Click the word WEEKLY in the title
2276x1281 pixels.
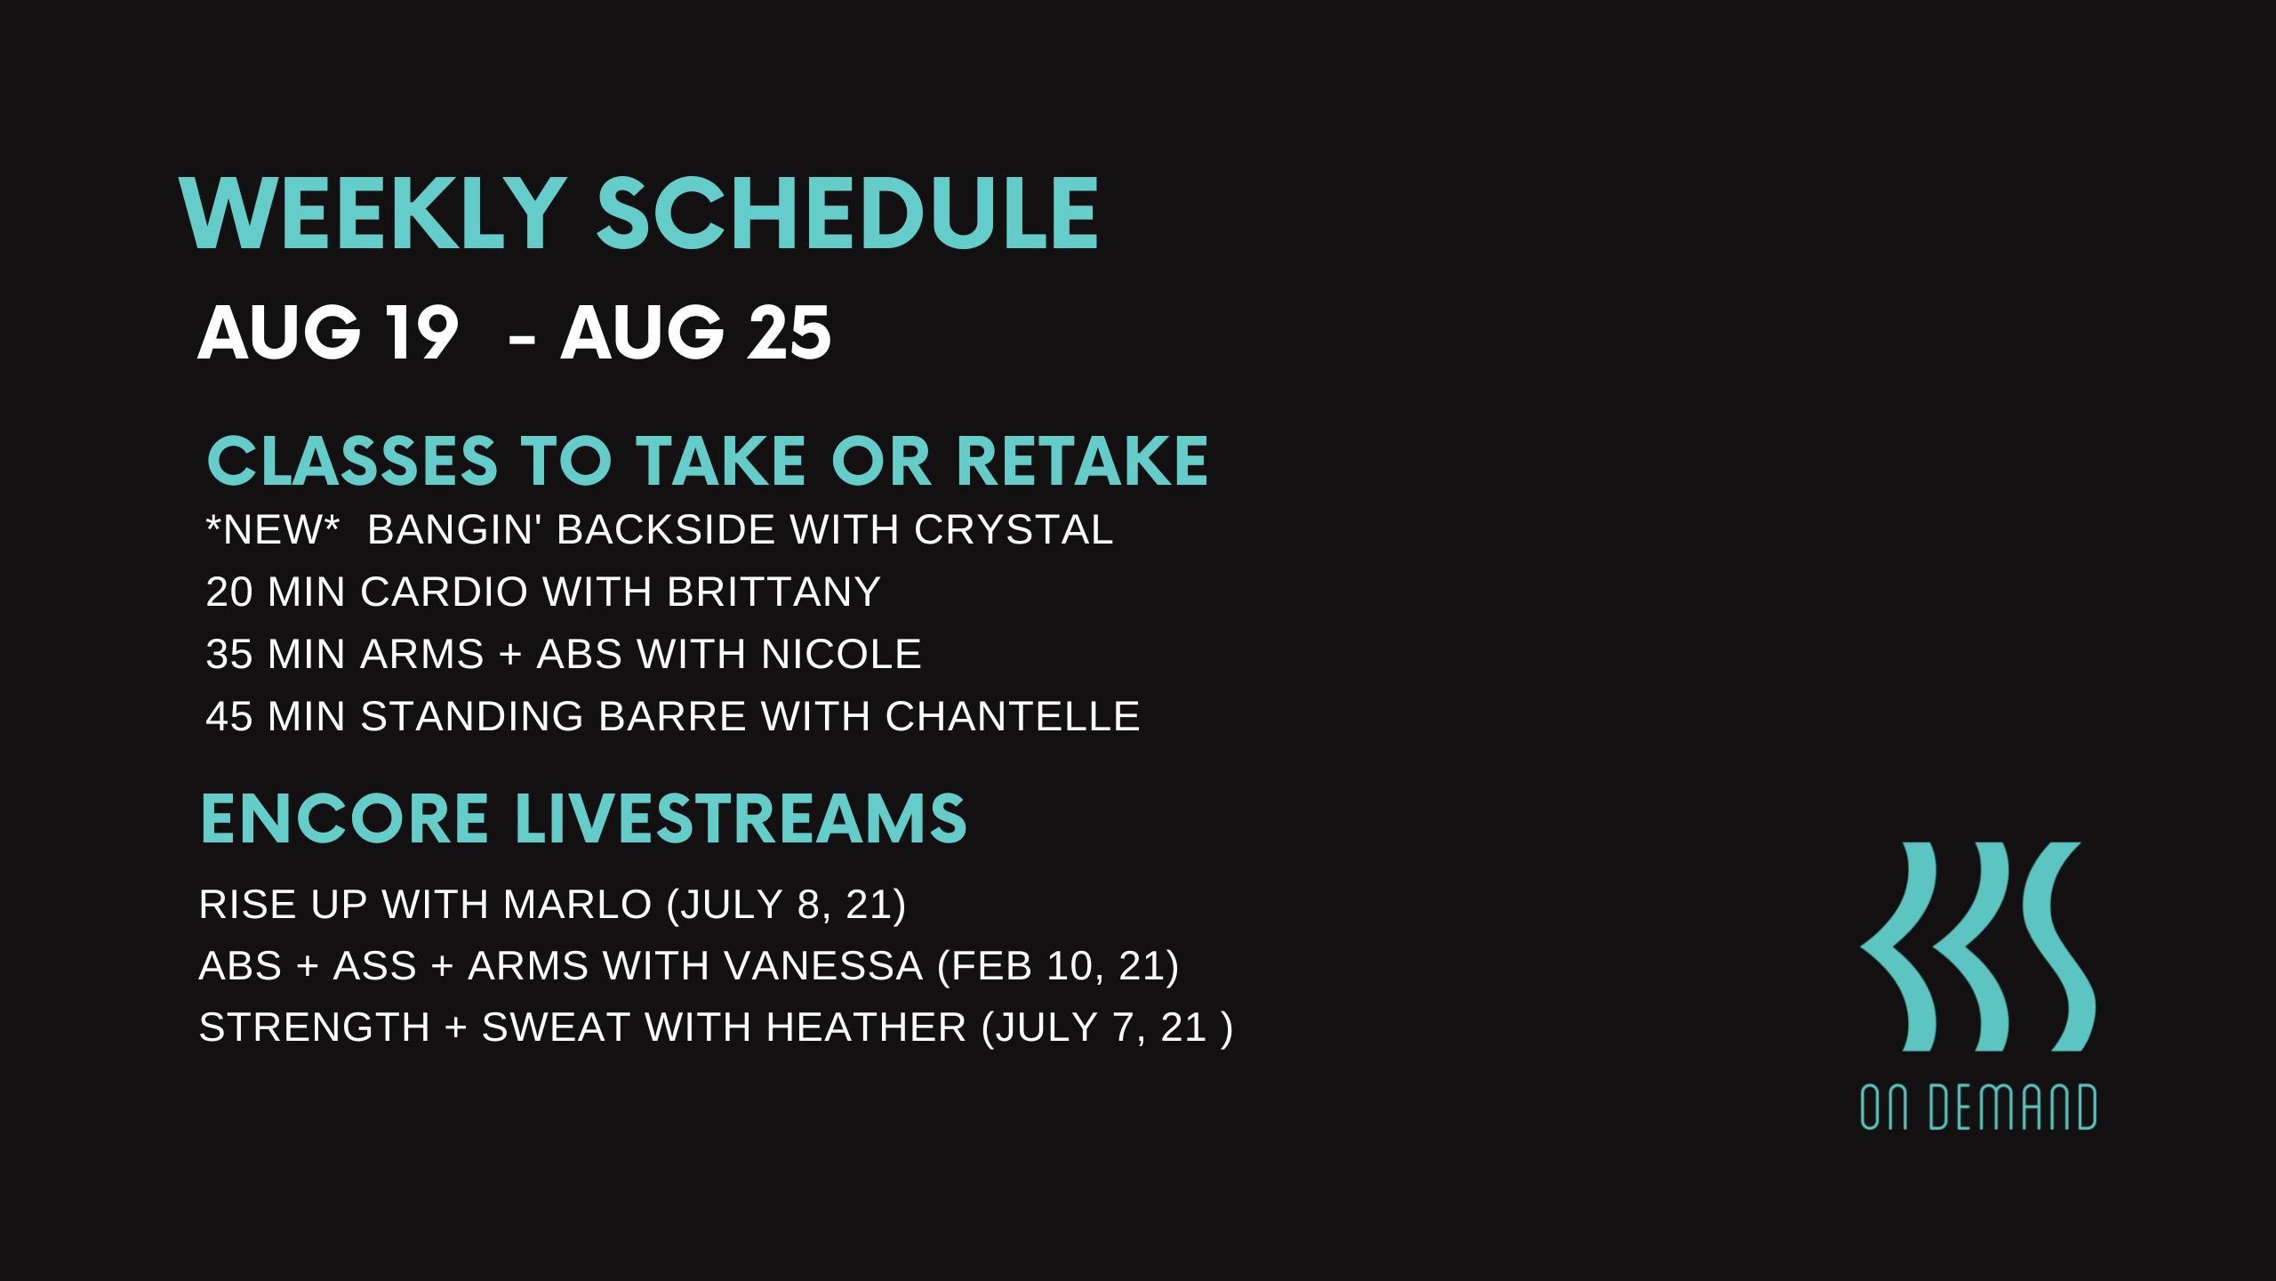(373, 213)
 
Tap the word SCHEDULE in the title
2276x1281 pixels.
(847, 213)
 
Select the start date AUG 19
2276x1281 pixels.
(328, 333)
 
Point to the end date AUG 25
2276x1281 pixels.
(695, 333)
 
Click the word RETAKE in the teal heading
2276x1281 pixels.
(1082, 462)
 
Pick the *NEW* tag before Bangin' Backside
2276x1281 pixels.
(273, 530)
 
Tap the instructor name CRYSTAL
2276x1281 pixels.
(1014, 530)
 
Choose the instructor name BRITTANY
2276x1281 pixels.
(773, 592)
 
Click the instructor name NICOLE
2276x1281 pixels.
(841, 655)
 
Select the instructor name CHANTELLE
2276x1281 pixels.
(1013, 717)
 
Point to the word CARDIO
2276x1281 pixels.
(444, 592)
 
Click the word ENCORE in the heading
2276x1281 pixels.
(345, 819)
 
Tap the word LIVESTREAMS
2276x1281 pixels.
(741, 819)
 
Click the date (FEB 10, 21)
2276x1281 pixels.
(1058, 967)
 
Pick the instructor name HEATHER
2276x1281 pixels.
(867, 1028)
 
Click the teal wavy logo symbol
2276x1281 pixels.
(1978, 947)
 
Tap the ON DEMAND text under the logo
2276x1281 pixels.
(1978, 1108)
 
